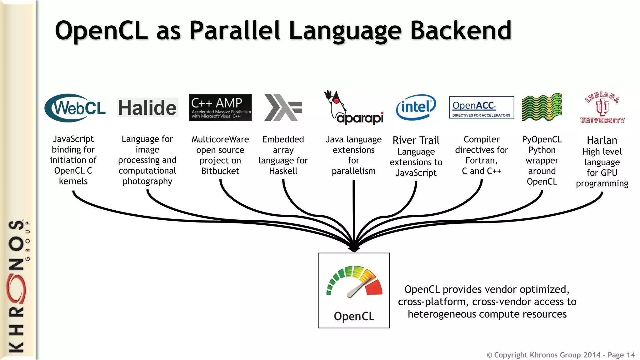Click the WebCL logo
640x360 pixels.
pyautogui.click(x=75, y=108)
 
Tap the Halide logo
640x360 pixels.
pyautogui.click(x=147, y=108)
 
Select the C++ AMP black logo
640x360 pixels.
pyautogui.click(x=220, y=107)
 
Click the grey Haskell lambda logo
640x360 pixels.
pyautogui.click(x=283, y=107)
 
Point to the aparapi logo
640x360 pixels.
pyautogui.click(x=354, y=108)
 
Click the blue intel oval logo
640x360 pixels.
pyautogui.click(x=416, y=107)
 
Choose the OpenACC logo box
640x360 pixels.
pyautogui.click(x=481, y=107)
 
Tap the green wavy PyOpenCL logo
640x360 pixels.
pyautogui.click(x=542, y=107)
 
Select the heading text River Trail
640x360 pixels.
pyautogui.click(x=416, y=140)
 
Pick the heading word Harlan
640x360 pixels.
pyautogui.click(x=602, y=140)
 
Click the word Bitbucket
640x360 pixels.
pyautogui.click(x=220, y=171)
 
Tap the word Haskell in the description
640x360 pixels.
pyautogui.click(x=283, y=171)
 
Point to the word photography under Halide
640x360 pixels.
pyautogui.click(x=147, y=182)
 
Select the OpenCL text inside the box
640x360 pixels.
pyautogui.click(x=354, y=316)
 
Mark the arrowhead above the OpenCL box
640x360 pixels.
pyautogui.click(x=354, y=248)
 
